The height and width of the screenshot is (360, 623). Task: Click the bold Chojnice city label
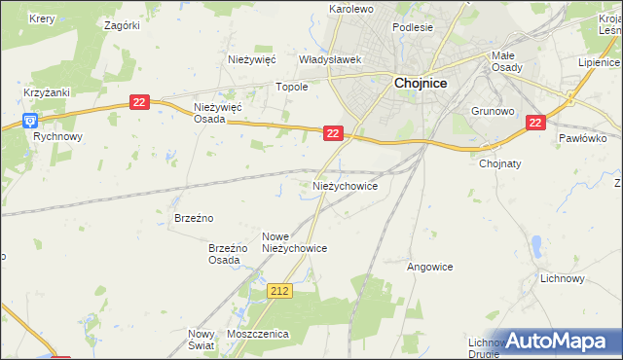421,84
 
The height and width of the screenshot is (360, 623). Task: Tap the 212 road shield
280,291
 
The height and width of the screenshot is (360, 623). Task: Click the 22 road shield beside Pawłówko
535,123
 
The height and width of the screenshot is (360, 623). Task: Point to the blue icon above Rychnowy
30,121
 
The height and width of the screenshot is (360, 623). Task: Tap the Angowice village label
429,265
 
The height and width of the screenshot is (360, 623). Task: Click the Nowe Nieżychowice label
294,242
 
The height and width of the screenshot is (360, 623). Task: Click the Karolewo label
351,9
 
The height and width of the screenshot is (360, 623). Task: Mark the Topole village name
293,87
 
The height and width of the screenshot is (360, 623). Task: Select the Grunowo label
493,111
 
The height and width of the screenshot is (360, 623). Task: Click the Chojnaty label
502,163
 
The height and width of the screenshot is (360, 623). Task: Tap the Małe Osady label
508,60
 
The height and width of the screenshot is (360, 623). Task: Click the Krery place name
42,18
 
